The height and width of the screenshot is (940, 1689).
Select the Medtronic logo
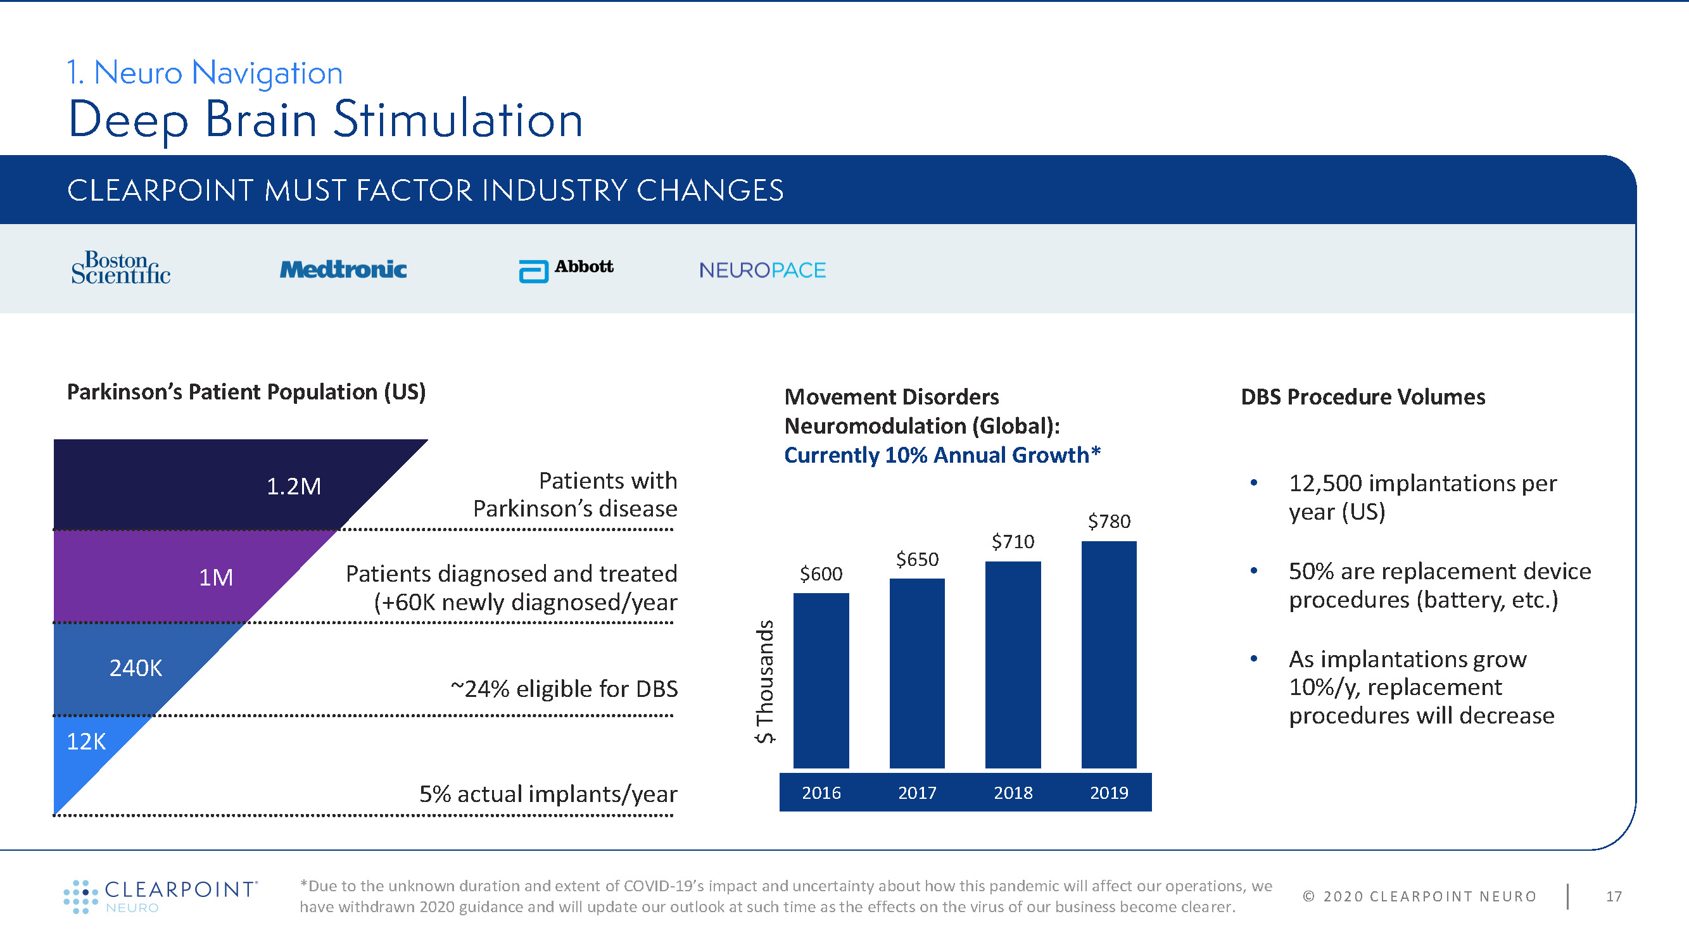pos(343,270)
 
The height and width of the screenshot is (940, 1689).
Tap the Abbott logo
pos(566,270)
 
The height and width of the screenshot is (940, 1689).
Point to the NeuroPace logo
pos(762,270)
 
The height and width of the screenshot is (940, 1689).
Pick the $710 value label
pos(1013,541)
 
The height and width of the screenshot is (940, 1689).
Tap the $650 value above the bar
pos(916,559)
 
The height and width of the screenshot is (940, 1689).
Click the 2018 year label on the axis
pos(1013,793)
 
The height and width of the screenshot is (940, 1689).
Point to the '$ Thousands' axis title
pos(764,682)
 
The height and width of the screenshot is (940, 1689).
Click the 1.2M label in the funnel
pos(294,486)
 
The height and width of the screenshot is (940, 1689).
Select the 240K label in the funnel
pos(136,668)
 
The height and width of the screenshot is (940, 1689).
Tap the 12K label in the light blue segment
pos(86,741)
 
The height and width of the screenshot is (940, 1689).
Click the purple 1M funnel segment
pos(164,577)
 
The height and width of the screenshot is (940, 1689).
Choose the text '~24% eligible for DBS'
pos(564,689)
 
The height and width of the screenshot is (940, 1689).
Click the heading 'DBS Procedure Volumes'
pos(1362,397)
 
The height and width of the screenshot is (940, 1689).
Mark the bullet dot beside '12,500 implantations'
pos(1254,483)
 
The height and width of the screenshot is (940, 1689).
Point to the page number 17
pos(1614,896)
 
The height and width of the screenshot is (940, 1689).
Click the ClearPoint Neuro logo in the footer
pos(161,896)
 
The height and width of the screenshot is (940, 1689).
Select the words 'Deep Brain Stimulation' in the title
pos(326,120)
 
